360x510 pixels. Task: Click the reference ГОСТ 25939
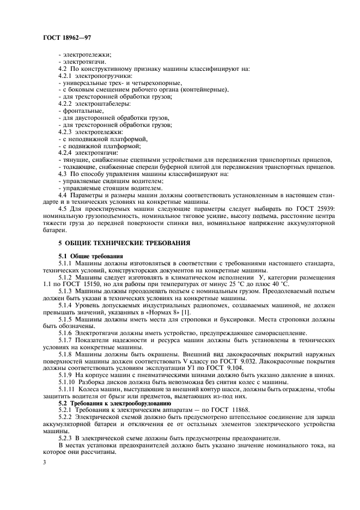tap(315, 208)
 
